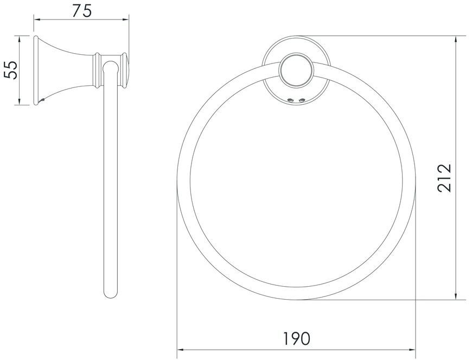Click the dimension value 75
click(81, 11)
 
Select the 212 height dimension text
click(445, 178)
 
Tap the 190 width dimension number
click(296, 338)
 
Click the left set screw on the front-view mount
click(290, 100)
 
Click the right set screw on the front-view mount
click(302, 100)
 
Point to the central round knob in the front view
click(297, 71)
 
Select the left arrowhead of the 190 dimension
click(181, 350)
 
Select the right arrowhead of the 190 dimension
click(412, 350)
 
